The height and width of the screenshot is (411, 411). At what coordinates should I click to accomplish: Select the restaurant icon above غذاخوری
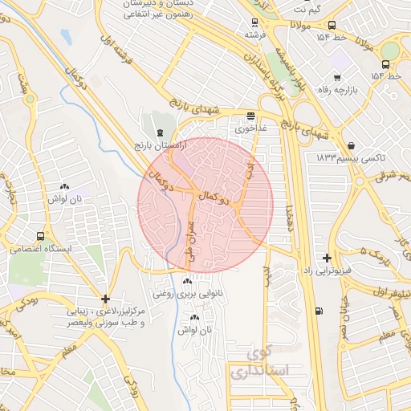(x=250, y=116)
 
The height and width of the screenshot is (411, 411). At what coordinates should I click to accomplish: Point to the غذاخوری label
(x=249, y=127)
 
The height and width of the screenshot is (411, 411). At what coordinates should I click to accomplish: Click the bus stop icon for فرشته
(x=254, y=23)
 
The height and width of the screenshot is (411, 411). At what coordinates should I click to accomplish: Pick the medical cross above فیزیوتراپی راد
(x=327, y=258)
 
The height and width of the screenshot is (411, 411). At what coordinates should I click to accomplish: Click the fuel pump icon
(x=321, y=311)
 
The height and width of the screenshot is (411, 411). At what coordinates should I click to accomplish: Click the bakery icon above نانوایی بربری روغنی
(x=188, y=282)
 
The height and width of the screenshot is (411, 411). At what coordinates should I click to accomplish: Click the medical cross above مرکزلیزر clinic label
(x=105, y=299)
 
